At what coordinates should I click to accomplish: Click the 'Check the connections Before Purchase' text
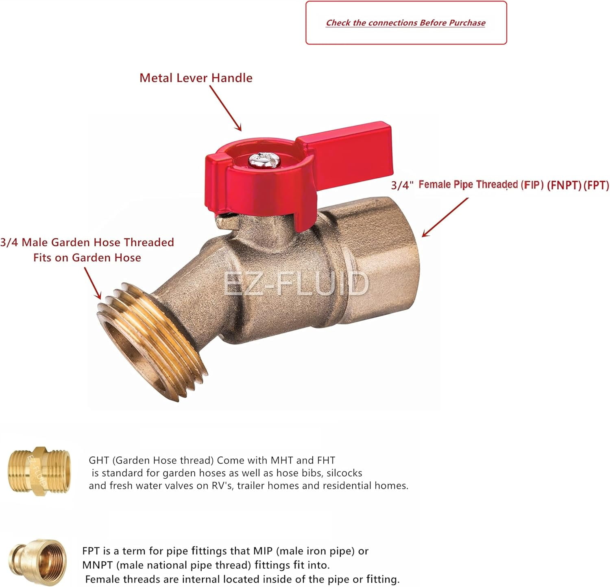[405, 23]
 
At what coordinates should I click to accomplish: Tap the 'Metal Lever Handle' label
[196, 78]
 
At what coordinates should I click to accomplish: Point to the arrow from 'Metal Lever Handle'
[226, 109]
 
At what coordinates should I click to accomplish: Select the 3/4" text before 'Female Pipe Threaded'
[402, 185]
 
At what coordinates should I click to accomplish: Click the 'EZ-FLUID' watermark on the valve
[296, 284]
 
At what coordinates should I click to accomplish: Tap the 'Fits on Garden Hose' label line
[87, 258]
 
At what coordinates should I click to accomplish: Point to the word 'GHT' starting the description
[99, 460]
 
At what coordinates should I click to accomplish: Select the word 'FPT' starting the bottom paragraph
[91, 551]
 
